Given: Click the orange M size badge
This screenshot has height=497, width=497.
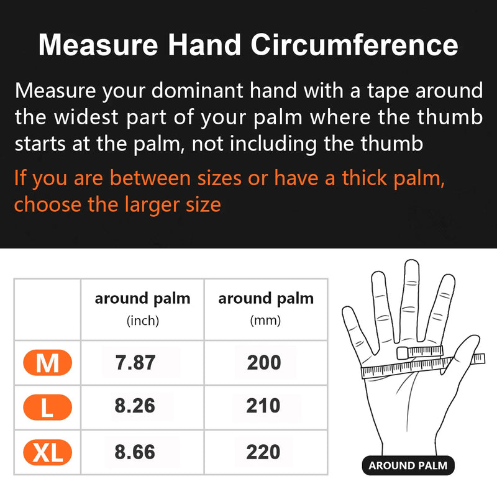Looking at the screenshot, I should pos(47,363).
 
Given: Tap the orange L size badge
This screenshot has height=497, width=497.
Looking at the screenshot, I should pos(47,407).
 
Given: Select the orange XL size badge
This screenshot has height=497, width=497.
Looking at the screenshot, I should pos(47,452).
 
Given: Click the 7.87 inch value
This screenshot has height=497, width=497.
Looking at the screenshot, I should pos(135,363).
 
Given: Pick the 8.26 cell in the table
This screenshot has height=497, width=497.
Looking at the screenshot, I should pos(135,407).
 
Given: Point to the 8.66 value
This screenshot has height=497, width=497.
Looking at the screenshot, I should pos(135,452).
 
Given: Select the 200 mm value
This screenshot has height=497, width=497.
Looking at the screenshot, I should pos(264,363).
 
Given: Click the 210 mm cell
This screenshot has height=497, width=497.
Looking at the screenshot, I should pos(264,407).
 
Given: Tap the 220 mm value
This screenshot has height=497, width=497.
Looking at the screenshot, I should pos(264,452).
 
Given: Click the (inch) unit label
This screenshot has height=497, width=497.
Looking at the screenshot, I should pos(143,321).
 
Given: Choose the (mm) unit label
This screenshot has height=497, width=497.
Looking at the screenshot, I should pos(265,321).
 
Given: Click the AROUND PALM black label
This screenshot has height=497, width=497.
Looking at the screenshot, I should pos(408,465).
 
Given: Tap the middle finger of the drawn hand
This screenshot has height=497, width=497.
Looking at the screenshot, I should pos(411,292).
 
